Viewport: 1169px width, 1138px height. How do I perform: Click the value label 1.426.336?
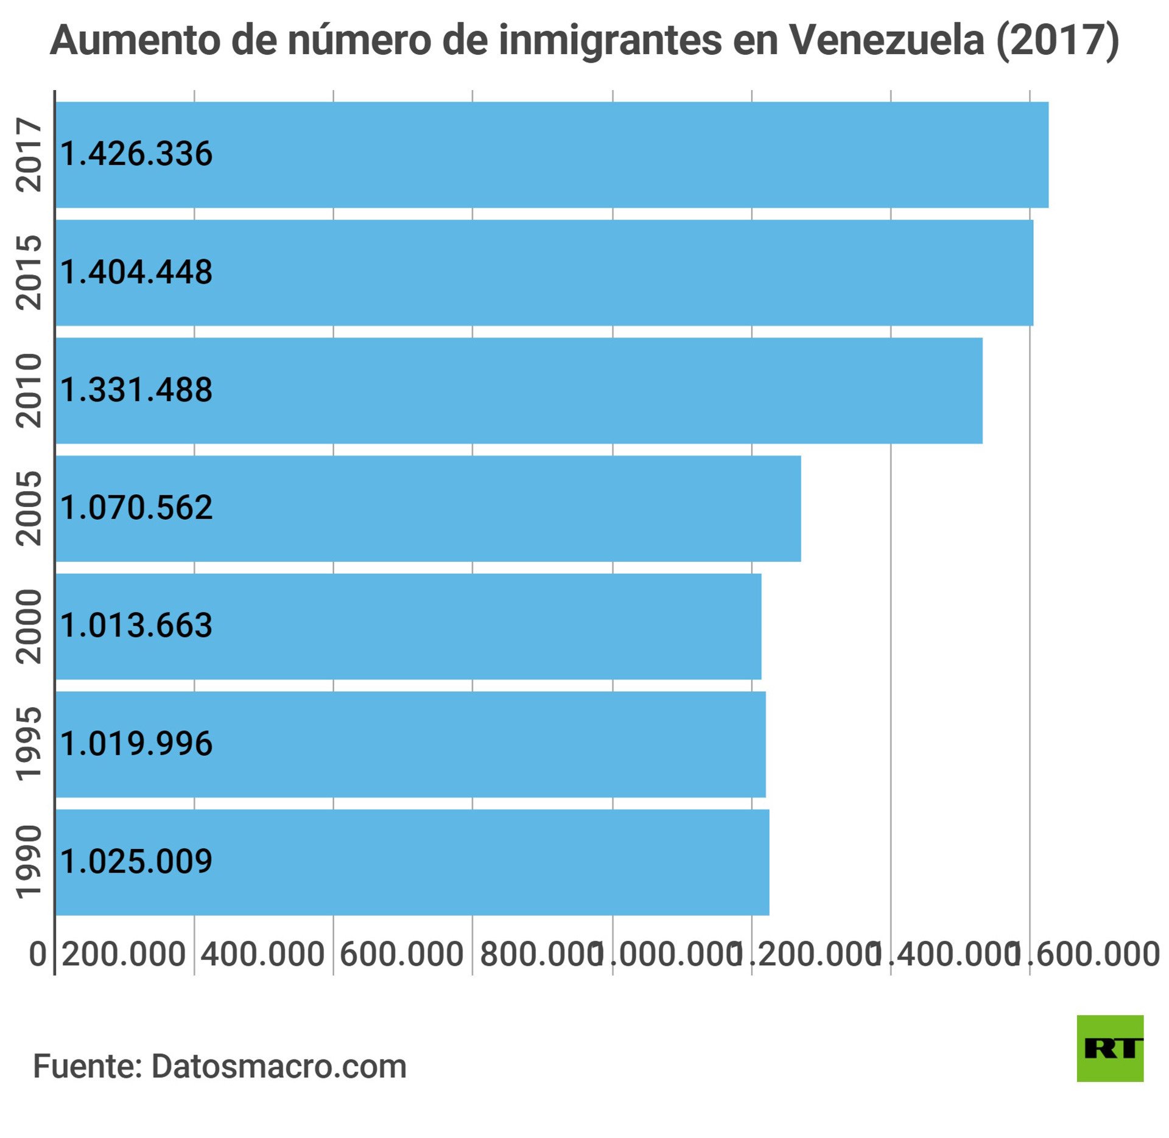pos(136,153)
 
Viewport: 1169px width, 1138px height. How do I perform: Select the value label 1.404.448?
pos(136,271)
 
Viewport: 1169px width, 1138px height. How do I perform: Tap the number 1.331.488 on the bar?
pos(136,389)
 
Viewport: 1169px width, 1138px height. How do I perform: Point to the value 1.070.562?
pos(136,507)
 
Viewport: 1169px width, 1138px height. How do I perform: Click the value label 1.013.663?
pos(136,625)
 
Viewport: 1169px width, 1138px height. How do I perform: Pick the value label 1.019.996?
pos(136,743)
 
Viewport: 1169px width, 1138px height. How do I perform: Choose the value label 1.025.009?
pos(136,861)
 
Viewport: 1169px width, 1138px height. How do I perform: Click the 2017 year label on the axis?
pos(29,155)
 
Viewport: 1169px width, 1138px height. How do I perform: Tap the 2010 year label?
pos(29,390)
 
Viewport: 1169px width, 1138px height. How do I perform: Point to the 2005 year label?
pos(29,508)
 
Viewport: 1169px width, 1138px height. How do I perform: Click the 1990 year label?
pos(29,862)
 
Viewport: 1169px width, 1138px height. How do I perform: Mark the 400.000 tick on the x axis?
pos(262,954)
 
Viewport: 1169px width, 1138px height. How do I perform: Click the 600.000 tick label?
pos(402,954)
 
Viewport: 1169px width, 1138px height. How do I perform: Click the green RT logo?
pos(1110,1048)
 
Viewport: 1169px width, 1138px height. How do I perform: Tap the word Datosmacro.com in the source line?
pos(279,1066)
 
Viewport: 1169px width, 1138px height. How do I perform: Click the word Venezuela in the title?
pos(886,40)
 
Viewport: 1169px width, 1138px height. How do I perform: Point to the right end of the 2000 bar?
pos(760,626)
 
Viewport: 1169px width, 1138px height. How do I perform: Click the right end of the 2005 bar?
pos(799,508)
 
